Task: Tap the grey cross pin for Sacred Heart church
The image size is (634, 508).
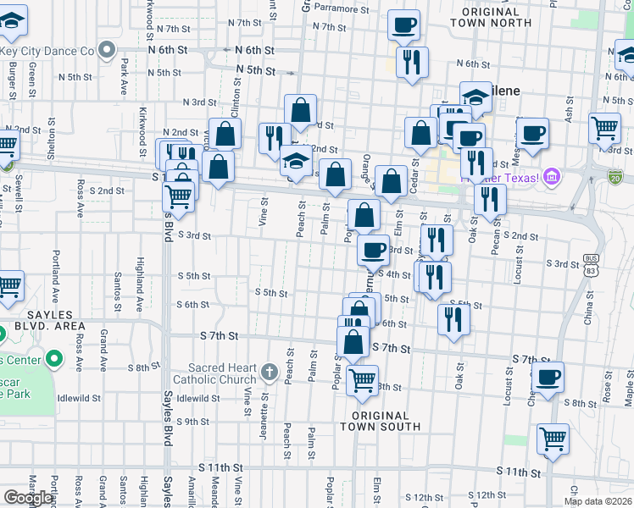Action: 269,371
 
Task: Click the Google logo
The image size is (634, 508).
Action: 28,498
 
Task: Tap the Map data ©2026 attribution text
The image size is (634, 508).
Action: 597,501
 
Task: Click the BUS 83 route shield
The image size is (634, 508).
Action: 591,264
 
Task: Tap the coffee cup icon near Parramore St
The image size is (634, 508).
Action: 404,25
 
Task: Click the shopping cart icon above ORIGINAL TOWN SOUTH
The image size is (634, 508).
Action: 362,380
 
